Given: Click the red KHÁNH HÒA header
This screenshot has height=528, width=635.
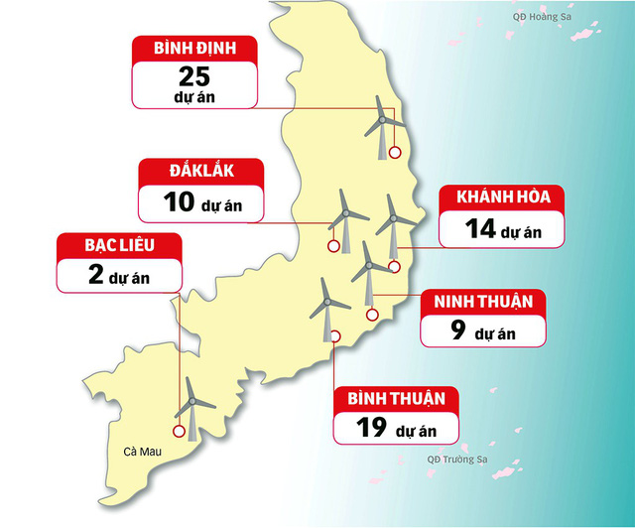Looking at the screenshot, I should [503, 196].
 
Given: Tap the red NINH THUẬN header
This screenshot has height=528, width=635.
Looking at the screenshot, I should [482, 300].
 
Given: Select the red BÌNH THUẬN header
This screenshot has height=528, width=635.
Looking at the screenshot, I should [397, 398].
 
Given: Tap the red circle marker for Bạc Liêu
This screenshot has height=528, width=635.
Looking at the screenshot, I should [179, 431].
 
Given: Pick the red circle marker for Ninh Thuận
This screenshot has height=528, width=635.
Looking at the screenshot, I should [373, 316].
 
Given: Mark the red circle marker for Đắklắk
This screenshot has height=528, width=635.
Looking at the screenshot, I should [333, 248].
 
